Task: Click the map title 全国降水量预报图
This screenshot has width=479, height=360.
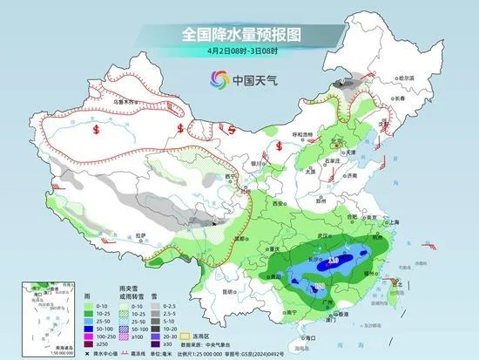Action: pyautogui.click(x=239, y=35)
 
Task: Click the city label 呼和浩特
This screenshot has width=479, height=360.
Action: pyautogui.click(x=300, y=134)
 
